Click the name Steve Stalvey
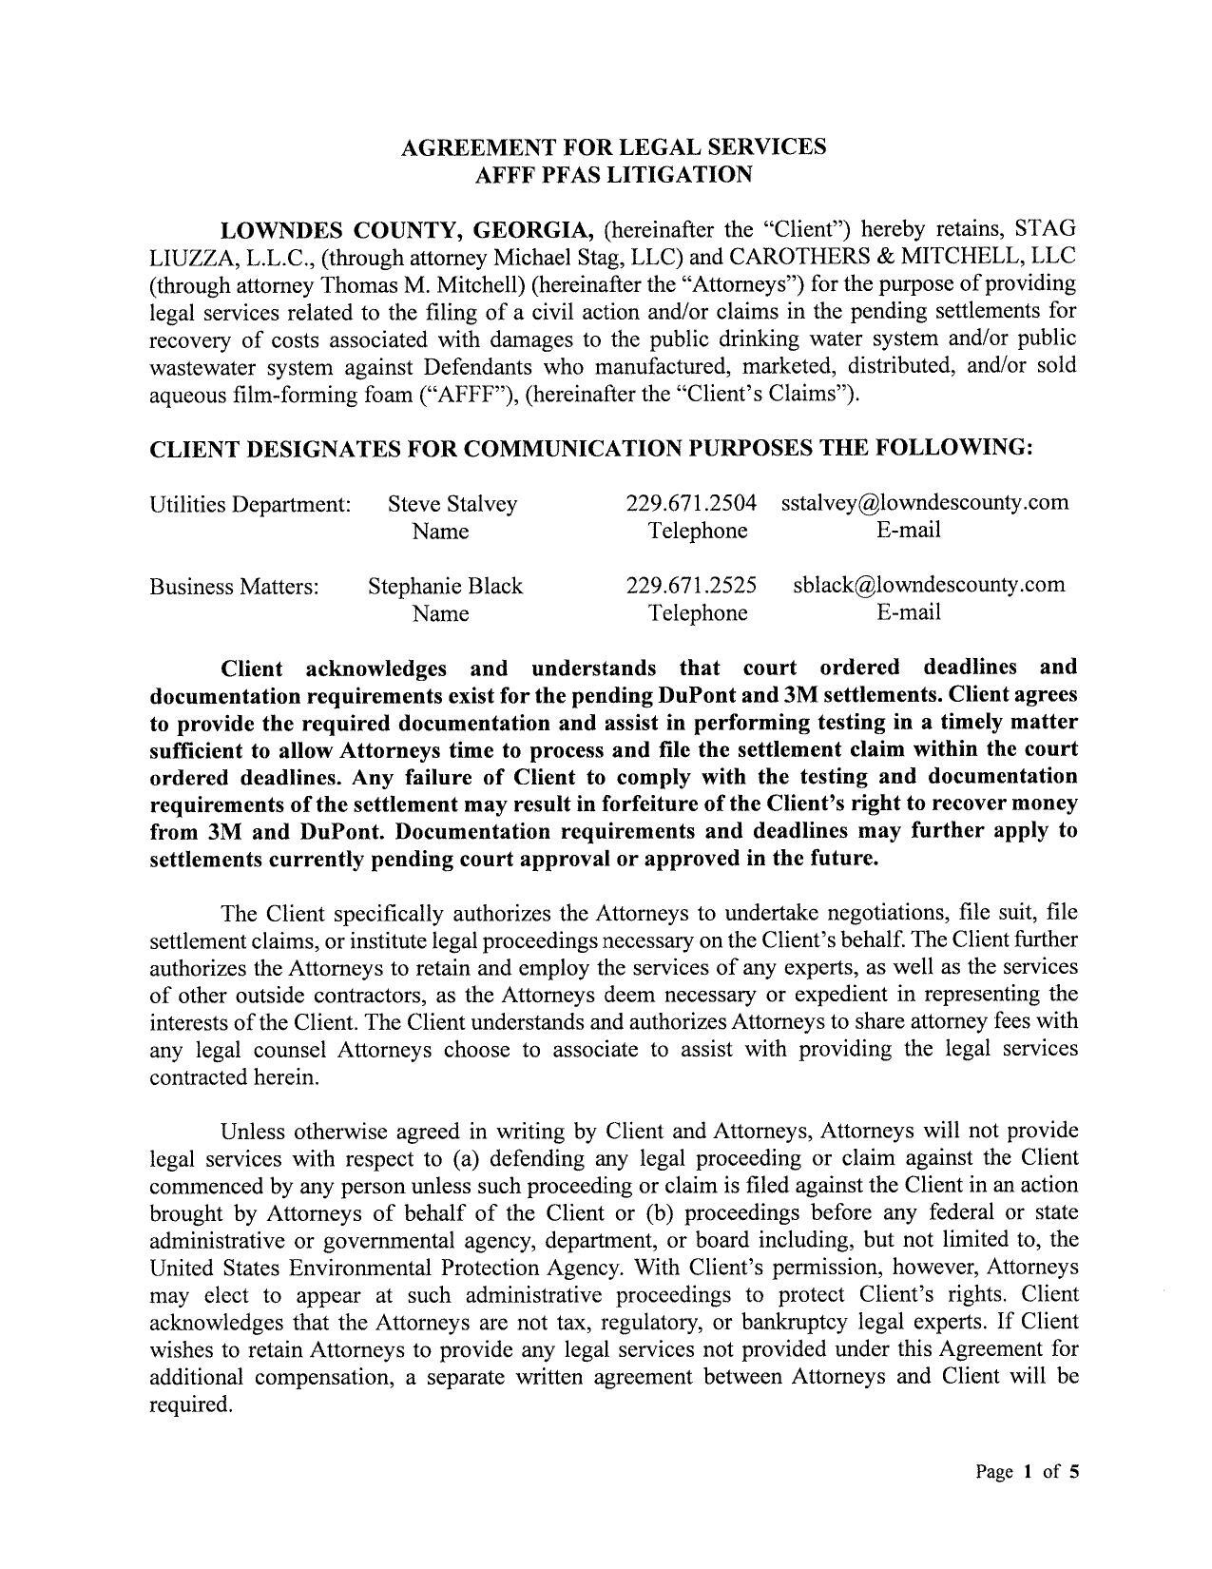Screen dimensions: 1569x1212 (452, 504)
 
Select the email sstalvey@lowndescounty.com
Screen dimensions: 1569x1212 (925, 503)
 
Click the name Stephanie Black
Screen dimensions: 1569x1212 (445, 586)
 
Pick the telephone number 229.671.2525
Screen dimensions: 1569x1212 (691, 586)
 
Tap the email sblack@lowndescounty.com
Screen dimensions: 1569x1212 (929, 585)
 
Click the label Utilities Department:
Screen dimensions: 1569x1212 (251, 504)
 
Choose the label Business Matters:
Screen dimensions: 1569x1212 (235, 587)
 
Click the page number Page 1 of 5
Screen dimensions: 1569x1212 (1028, 1473)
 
